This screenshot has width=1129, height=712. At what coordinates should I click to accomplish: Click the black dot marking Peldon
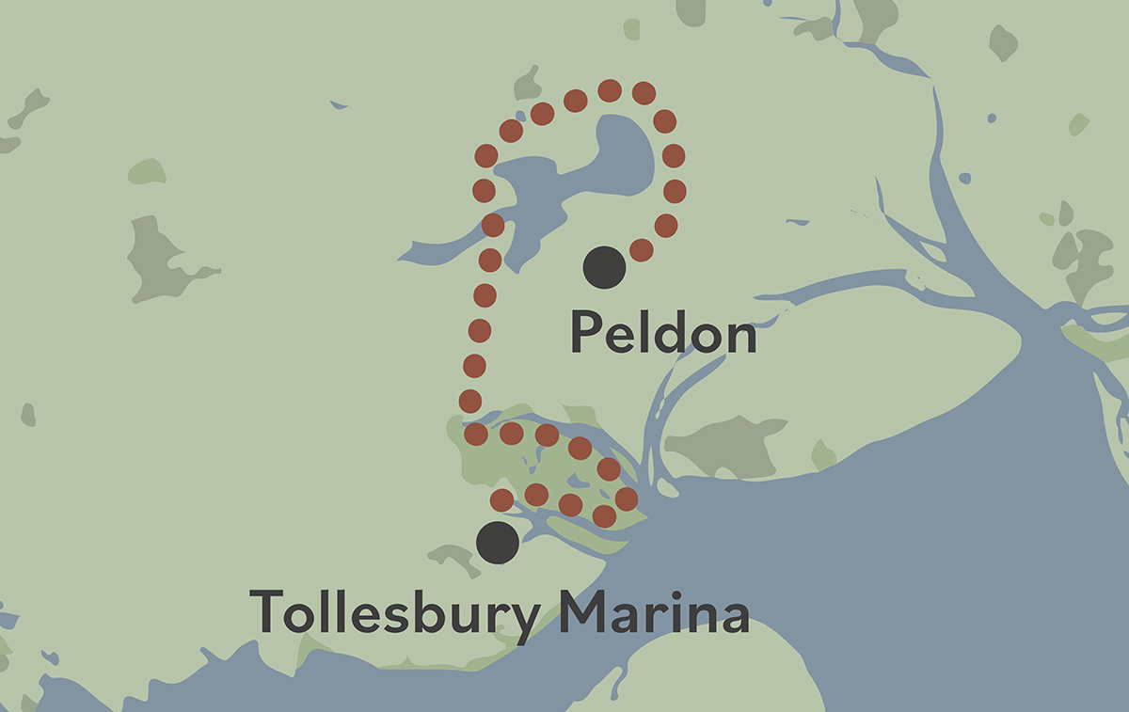(x=604, y=267)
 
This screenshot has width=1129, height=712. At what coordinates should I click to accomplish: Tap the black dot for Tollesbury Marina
(x=498, y=543)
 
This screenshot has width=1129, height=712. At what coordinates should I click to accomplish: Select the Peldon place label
(x=663, y=334)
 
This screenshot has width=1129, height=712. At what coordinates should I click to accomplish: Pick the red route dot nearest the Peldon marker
(x=641, y=249)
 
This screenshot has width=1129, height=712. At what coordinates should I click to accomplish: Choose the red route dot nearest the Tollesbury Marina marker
(x=502, y=499)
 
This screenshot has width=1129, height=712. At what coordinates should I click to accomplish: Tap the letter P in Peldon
(x=586, y=334)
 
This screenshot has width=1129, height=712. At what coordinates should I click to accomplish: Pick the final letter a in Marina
(x=732, y=615)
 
